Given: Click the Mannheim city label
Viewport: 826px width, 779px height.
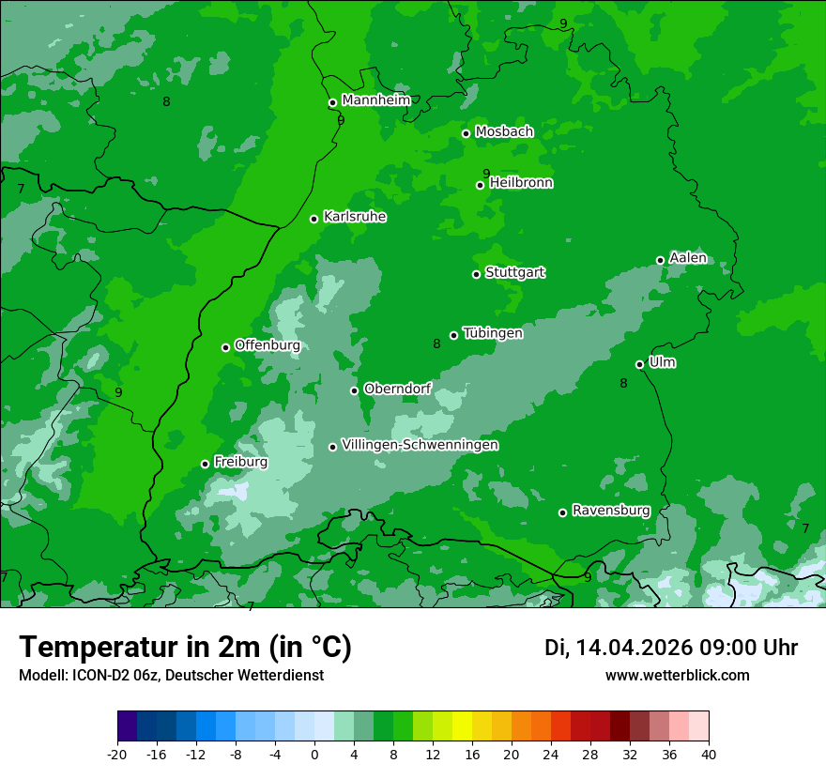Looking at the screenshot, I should [375, 100].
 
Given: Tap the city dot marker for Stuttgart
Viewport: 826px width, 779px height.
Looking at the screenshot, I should [476, 274].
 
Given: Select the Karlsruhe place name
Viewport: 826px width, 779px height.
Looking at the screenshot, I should [355, 217].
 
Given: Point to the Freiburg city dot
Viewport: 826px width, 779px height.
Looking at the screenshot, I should [205, 464].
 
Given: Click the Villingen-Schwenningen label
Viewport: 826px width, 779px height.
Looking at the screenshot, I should [420, 445].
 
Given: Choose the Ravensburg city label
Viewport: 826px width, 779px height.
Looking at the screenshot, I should [611, 511].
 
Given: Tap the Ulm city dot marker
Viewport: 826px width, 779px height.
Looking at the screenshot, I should [639, 364].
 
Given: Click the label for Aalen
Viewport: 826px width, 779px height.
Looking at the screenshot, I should [688, 258].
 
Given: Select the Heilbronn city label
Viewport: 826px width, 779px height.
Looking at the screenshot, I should [521, 183].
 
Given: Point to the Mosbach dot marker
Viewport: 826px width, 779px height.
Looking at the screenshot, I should [466, 133].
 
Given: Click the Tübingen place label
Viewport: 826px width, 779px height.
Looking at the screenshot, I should [493, 333].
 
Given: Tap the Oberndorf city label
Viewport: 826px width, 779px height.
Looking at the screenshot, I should [397, 389].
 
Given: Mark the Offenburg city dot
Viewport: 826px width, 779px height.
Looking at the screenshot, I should [225, 347].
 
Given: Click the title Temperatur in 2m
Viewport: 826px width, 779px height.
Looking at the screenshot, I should [185, 648].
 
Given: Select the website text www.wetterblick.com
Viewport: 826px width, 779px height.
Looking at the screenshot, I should [677, 675].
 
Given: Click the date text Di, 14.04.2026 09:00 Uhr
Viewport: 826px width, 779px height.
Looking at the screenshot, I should [670, 648].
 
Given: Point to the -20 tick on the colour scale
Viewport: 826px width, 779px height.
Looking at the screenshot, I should [117, 754].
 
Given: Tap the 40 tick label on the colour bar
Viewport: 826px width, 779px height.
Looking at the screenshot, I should [709, 754].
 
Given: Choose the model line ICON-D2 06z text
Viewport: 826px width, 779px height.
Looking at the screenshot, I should [171, 675].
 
